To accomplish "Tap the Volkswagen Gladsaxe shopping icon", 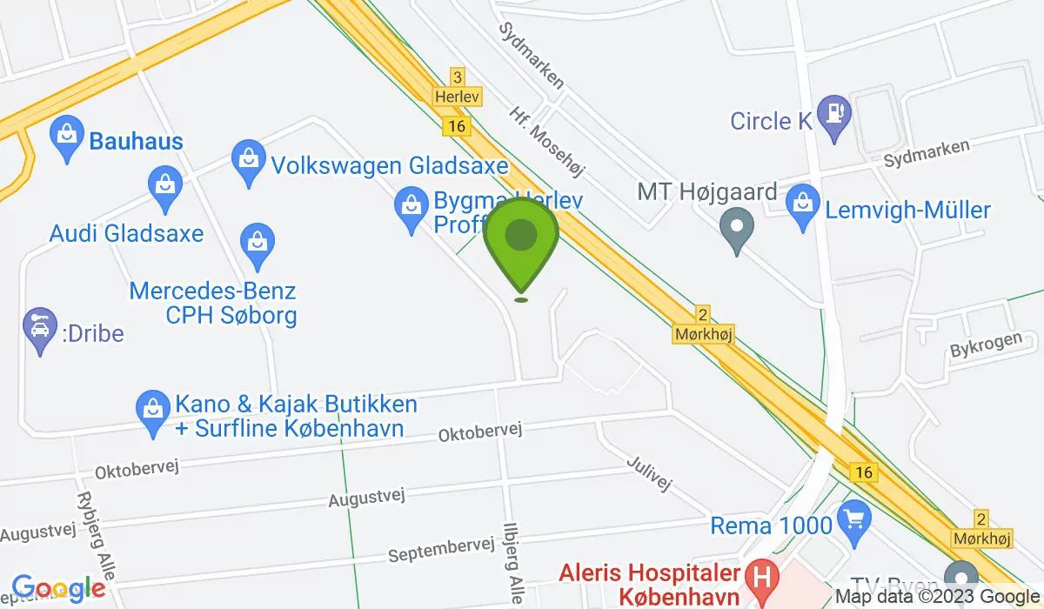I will click(x=249, y=160).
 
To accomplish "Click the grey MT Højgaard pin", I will click(x=737, y=228).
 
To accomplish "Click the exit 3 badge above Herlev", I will click(x=458, y=77).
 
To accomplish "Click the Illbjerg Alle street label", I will click(x=513, y=561).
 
